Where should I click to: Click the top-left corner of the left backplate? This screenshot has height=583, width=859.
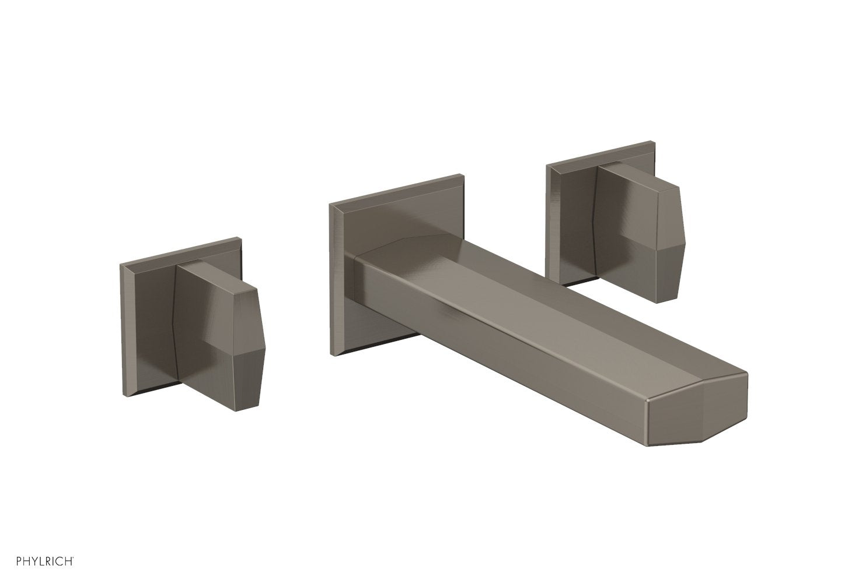[x=120, y=264]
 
